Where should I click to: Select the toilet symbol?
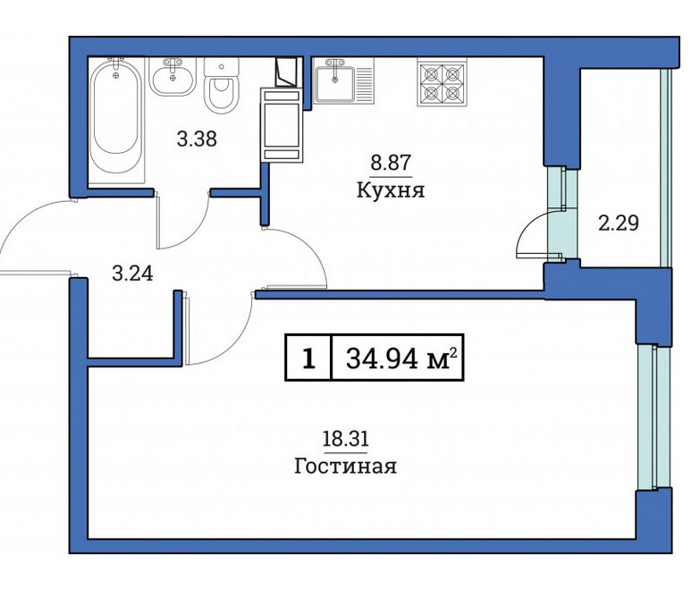pos(219,89)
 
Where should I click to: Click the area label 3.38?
pos(198,139)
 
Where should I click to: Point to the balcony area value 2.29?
pos(618,223)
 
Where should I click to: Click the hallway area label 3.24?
pos(132,274)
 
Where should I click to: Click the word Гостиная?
pos(344,466)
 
